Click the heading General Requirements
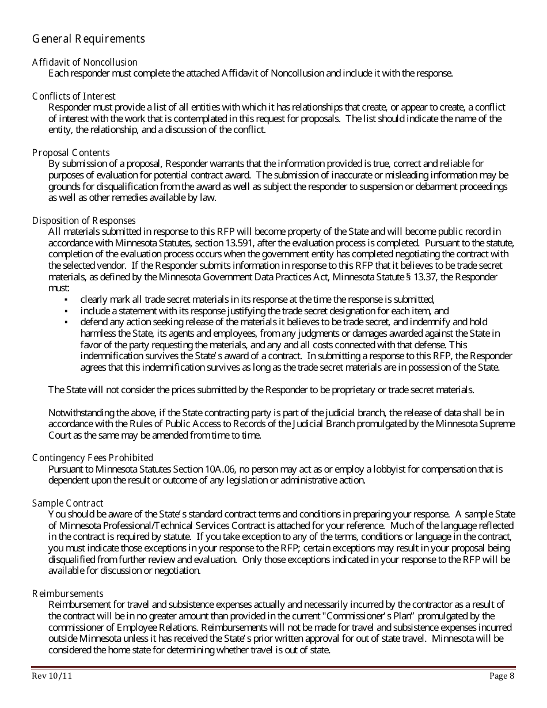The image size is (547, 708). coord(89,39)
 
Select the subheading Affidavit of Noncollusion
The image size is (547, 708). coord(85,62)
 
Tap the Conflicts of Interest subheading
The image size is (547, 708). coord(74,96)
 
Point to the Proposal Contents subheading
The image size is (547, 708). coord(71,153)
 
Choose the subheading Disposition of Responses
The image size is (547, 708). coord(84,220)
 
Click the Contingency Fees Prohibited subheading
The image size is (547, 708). coord(93,458)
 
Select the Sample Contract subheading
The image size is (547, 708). coord(68,503)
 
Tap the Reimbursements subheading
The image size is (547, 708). coord(68,593)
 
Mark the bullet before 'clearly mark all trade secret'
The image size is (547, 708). coord(66,299)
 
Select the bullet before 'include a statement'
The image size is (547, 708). coord(66,311)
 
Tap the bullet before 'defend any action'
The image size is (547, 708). coord(66,322)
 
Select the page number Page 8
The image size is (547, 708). coord(502,676)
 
